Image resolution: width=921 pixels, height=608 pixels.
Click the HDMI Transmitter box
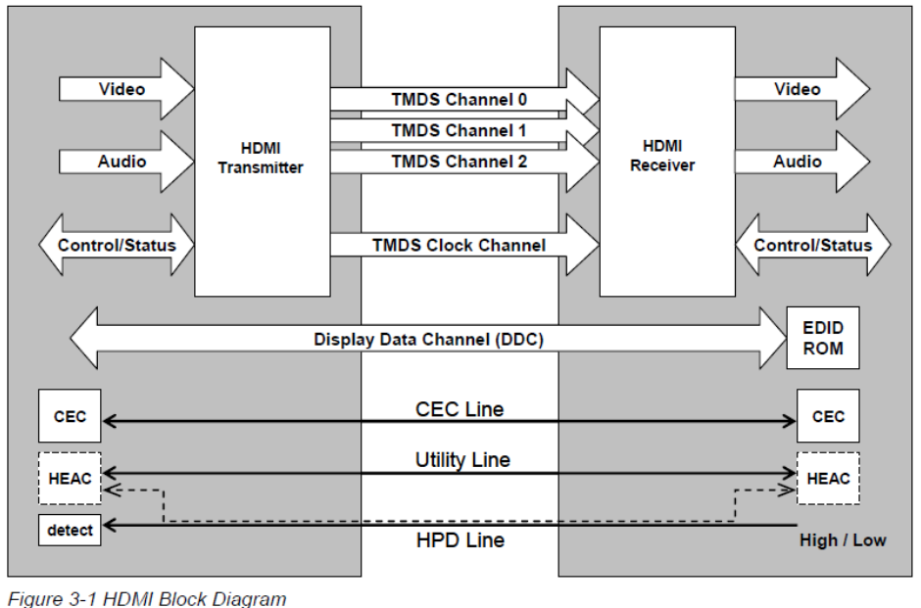(x=263, y=162)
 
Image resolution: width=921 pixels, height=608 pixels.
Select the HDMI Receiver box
(x=667, y=162)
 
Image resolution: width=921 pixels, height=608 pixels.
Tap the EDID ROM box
(x=823, y=338)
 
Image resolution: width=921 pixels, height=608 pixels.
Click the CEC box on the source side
(x=70, y=415)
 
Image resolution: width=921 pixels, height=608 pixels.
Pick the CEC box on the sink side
(x=828, y=415)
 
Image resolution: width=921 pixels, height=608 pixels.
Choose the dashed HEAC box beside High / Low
(x=828, y=479)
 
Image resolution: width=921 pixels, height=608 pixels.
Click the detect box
(x=70, y=530)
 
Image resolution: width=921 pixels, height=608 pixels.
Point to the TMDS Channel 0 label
(x=460, y=99)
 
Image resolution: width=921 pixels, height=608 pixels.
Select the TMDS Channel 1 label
(x=459, y=130)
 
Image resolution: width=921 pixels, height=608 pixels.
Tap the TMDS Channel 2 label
(x=460, y=162)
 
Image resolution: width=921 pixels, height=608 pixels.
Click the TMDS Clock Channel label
(x=460, y=245)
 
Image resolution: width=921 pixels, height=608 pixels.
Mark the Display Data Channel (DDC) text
(x=429, y=339)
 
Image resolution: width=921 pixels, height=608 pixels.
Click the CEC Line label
(x=460, y=409)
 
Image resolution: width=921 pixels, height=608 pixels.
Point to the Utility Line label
(x=462, y=459)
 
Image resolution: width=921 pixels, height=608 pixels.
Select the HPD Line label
(x=460, y=539)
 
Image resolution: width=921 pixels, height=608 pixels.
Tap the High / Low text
(x=843, y=539)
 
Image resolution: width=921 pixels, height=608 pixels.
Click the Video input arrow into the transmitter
(x=126, y=89)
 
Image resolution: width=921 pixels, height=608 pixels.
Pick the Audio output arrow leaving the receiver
(x=802, y=162)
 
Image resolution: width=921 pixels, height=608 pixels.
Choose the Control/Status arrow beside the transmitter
(x=117, y=245)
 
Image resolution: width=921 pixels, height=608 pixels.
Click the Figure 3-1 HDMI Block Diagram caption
(x=147, y=598)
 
